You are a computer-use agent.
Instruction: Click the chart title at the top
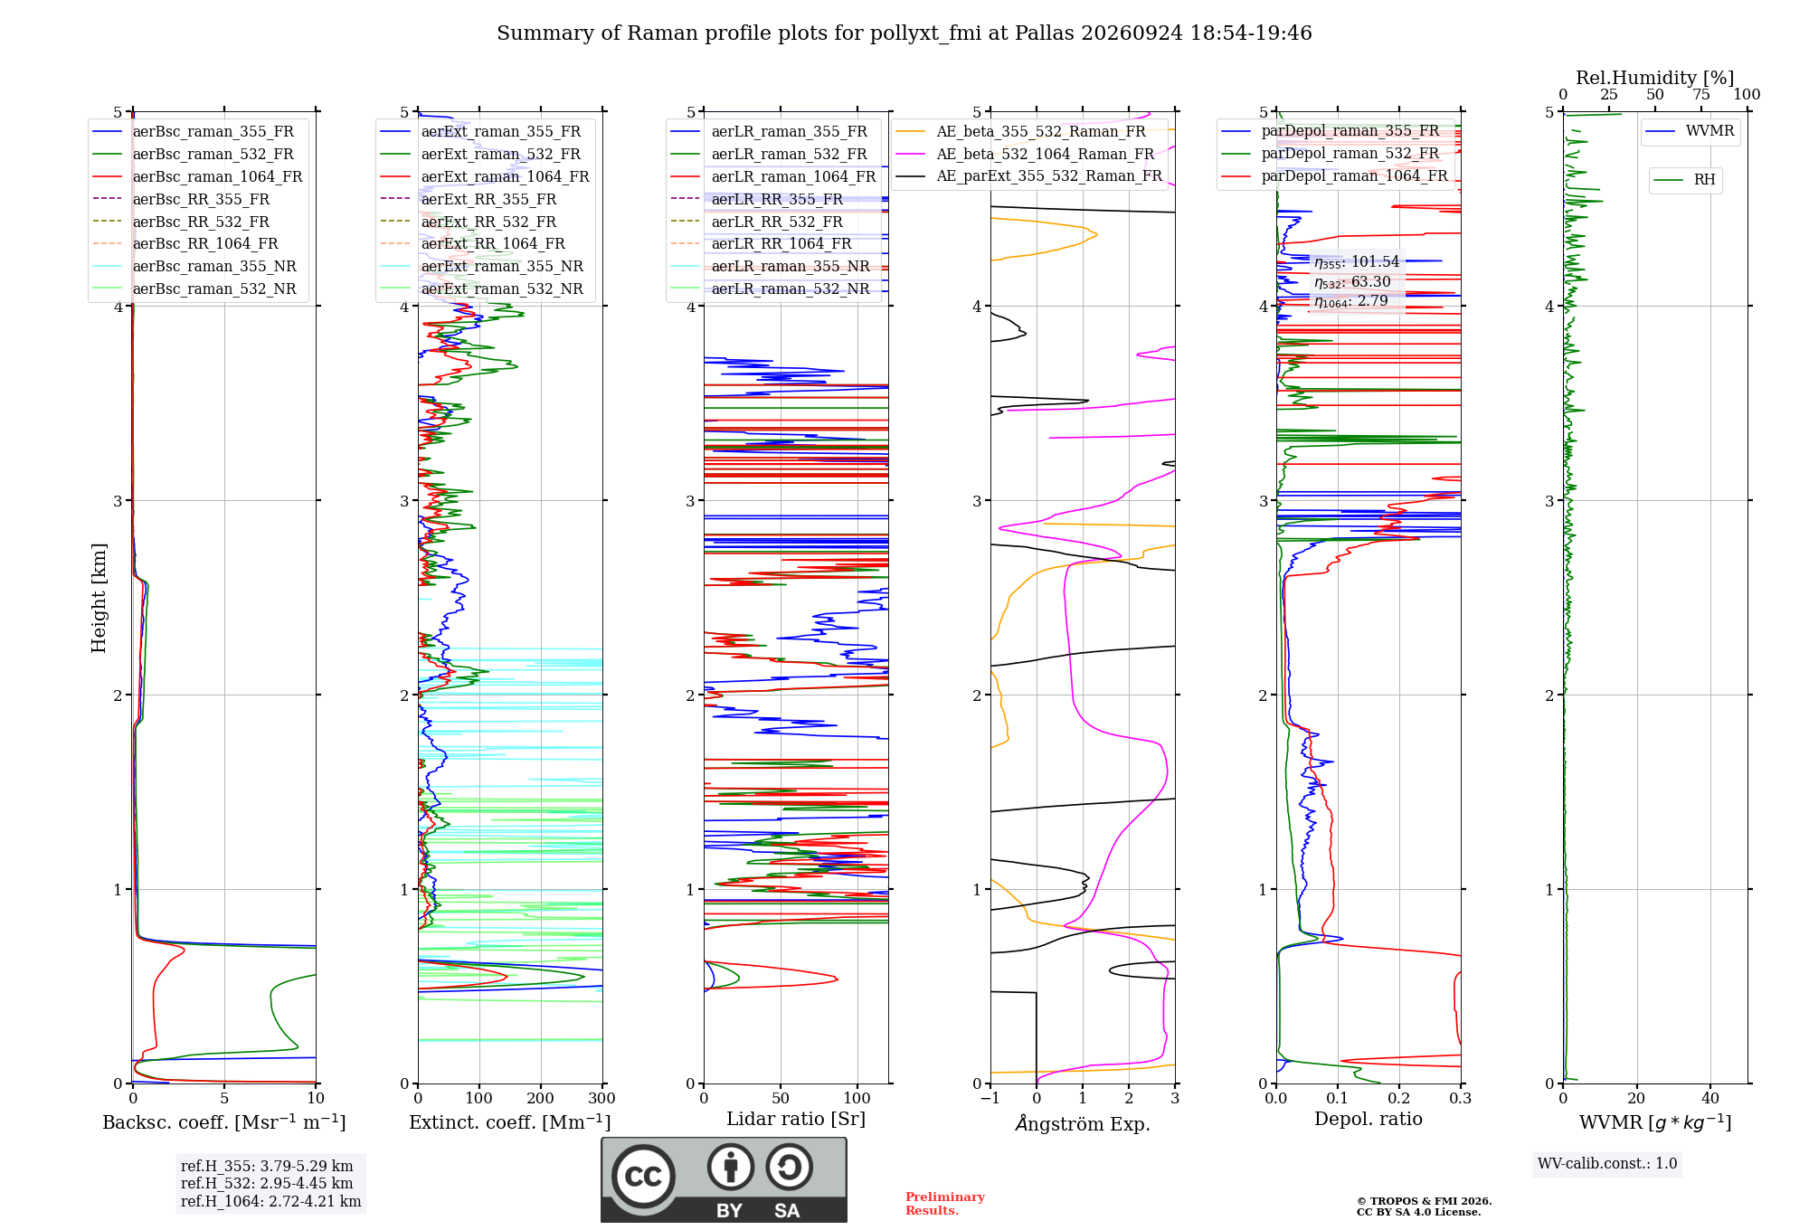tap(904, 33)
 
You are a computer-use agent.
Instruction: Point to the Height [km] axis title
tap(99, 598)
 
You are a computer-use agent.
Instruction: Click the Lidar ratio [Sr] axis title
tap(796, 1119)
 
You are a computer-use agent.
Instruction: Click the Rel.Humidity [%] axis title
tap(1655, 78)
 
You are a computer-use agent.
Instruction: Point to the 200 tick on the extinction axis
tap(541, 1098)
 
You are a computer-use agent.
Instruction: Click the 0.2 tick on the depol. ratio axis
tap(1399, 1098)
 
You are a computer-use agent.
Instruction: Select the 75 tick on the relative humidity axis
tap(1701, 94)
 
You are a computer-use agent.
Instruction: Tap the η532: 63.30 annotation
tap(1352, 282)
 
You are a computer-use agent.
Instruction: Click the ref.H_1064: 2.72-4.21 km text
tap(271, 1201)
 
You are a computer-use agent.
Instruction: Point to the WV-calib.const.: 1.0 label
tap(1607, 1164)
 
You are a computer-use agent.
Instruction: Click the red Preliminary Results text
tap(945, 1204)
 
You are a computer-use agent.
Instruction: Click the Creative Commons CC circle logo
tap(643, 1176)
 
